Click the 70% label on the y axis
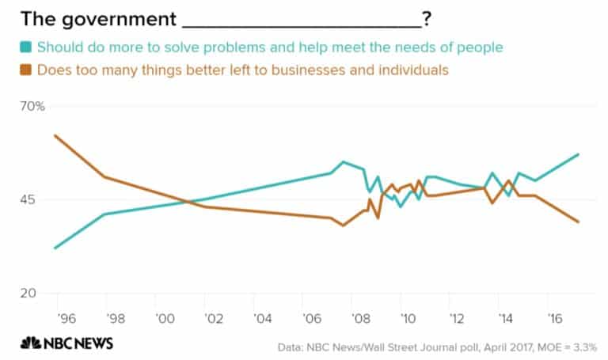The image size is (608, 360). [32, 106]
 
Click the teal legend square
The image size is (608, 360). [26, 47]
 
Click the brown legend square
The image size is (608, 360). [26, 70]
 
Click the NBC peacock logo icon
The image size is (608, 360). [31, 343]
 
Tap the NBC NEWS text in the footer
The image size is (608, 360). [78, 343]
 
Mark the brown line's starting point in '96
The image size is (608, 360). [54, 135]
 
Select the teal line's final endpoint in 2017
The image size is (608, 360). [579, 154]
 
